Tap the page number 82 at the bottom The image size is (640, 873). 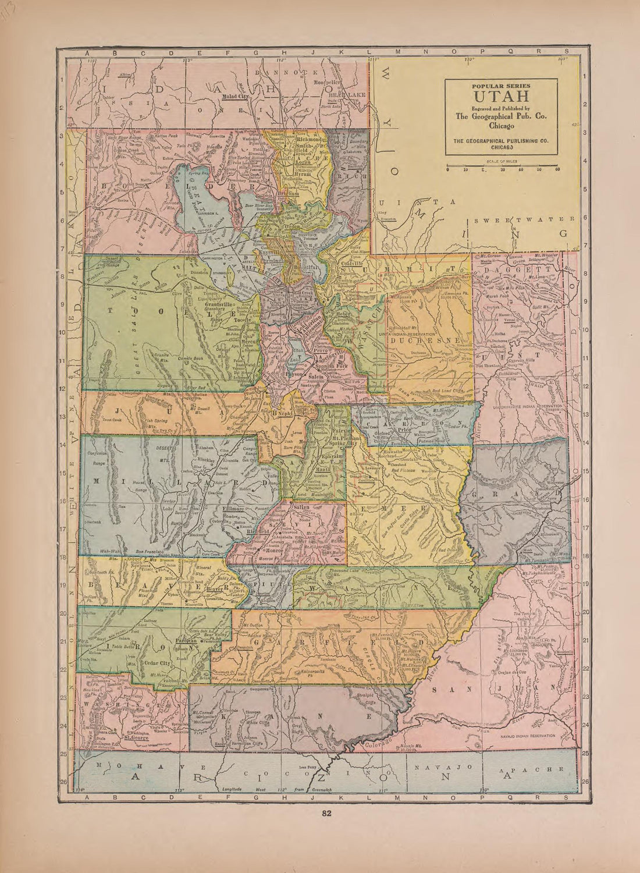coord(326,814)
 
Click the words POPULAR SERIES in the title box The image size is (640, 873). coord(501,86)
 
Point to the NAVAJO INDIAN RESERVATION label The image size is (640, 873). coord(527,736)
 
